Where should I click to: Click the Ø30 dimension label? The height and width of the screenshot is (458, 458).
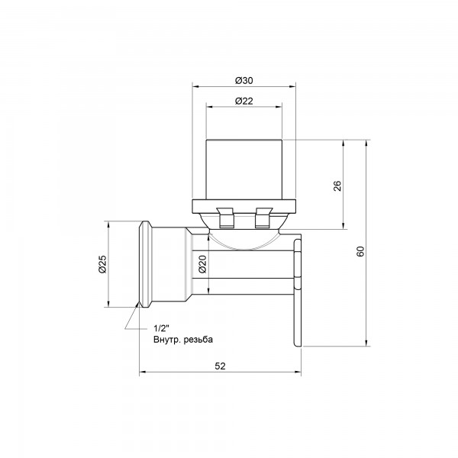[244, 80]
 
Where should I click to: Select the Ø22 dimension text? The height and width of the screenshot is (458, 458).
[244, 101]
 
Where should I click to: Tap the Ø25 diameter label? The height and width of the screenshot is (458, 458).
[103, 264]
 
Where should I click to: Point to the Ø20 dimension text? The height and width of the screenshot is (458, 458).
[202, 264]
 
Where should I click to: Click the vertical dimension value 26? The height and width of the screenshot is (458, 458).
[337, 185]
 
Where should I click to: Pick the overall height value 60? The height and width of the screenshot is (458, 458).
[361, 251]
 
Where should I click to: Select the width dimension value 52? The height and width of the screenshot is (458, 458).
[221, 366]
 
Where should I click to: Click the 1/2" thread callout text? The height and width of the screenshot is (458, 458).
[162, 328]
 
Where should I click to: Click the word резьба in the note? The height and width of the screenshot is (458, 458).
[198, 340]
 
